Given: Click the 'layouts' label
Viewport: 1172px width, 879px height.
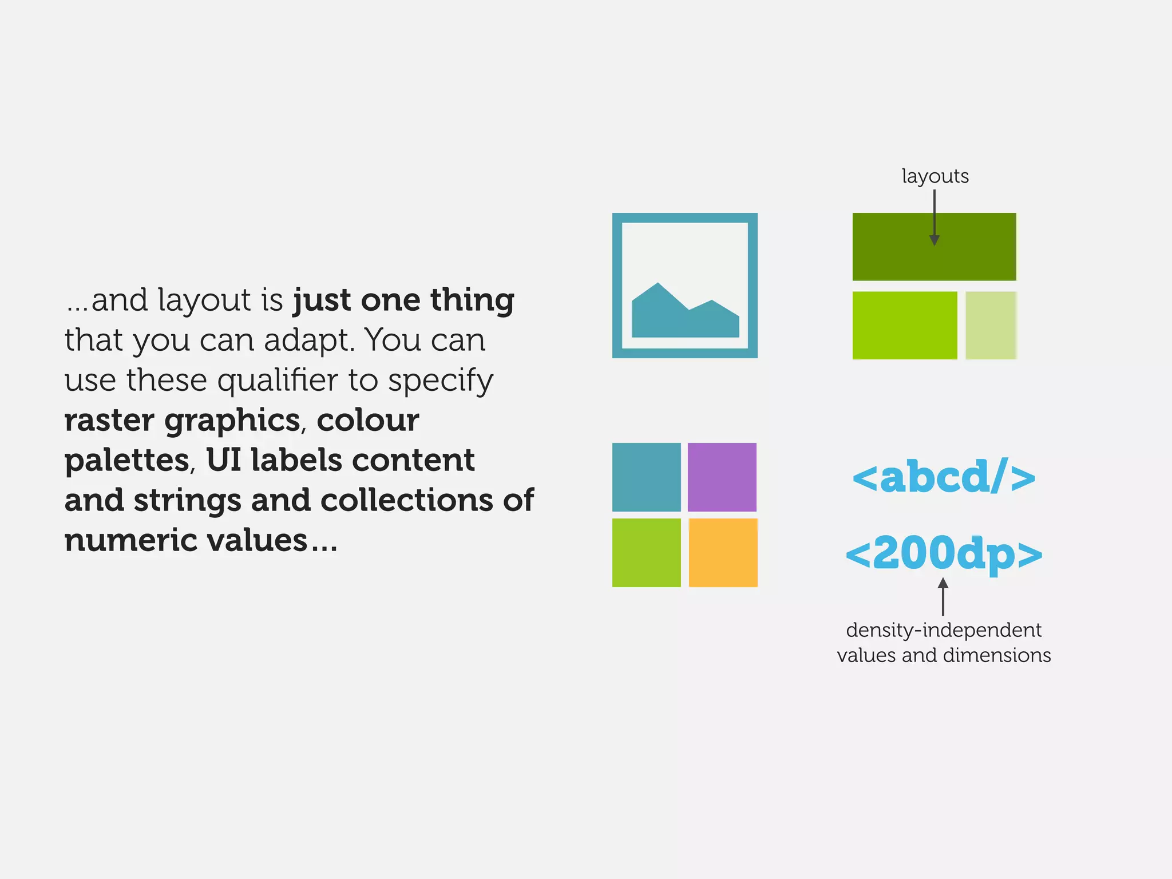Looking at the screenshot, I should [935, 176].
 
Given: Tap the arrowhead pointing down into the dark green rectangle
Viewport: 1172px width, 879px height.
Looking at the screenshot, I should [935, 240].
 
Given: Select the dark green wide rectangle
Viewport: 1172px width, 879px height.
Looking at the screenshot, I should [893, 252].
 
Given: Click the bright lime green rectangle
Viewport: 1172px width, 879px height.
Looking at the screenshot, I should [904, 325].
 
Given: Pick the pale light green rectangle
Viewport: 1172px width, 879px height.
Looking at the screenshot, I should [991, 325].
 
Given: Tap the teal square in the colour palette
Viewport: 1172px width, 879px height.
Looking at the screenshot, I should [646, 477].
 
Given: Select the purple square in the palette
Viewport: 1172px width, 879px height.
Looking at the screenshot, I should [722, 477].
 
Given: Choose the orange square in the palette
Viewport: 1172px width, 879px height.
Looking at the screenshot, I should [723, 552].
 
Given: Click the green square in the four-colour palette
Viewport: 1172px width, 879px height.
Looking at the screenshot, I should [646, 552].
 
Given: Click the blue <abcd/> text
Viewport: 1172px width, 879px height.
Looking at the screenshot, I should [944, 477].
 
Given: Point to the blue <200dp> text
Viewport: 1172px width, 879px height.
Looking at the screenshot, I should [944, 553].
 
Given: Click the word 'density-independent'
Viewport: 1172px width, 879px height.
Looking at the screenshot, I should [944, 630].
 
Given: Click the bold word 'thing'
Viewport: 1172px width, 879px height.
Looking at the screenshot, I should [472, 300].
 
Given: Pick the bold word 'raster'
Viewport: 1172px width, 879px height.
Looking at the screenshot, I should [109, 421].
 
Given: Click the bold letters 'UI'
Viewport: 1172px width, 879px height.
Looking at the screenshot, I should [223, 460].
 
